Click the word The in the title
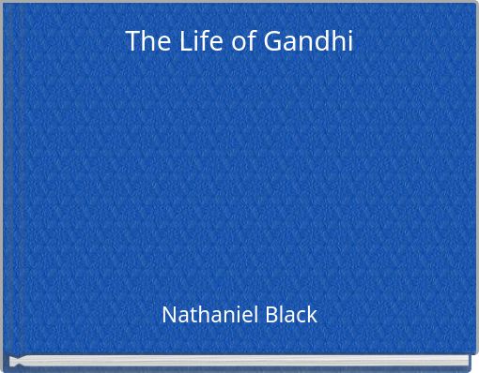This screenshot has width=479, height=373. coord(144,41)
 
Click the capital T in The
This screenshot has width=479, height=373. coord(132,41)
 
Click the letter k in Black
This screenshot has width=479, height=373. coord(311,314)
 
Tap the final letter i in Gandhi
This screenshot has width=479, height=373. coord(349,41)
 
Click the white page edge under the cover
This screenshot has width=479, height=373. coord(239,362)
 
